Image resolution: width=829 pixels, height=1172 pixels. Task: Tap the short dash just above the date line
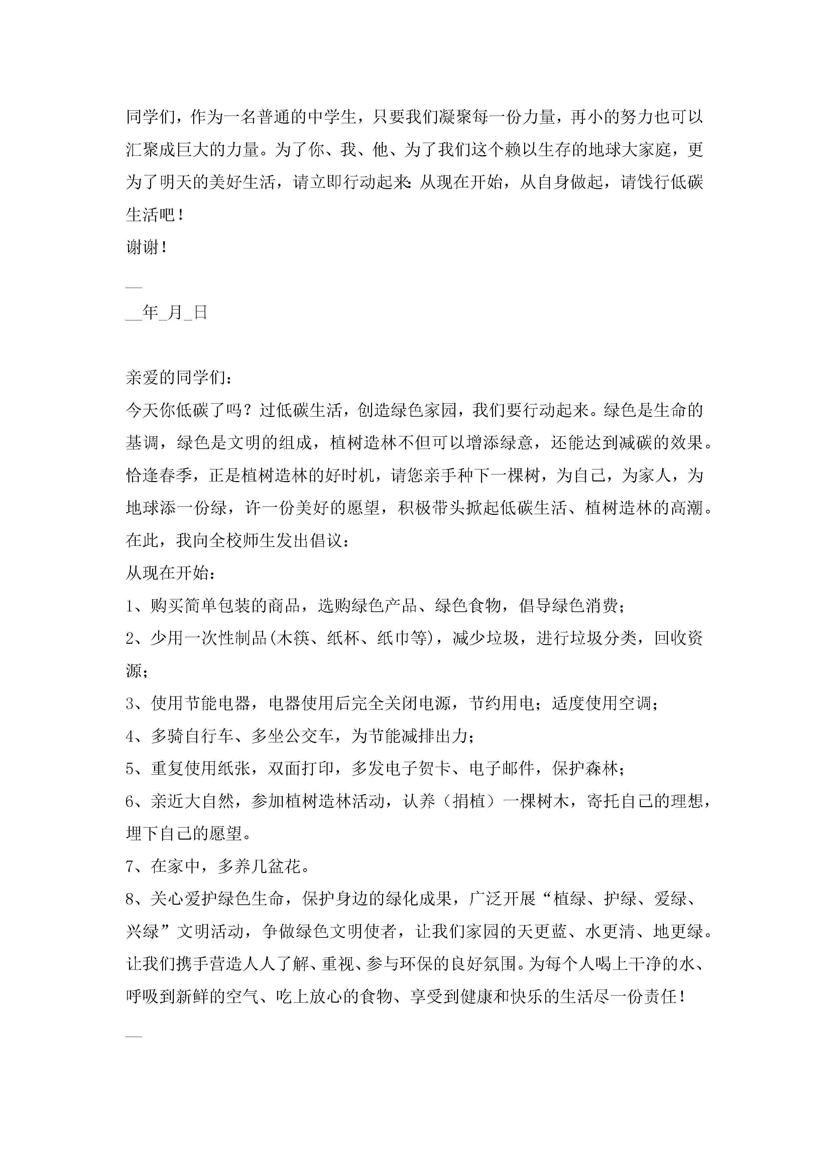pos(134,287)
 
